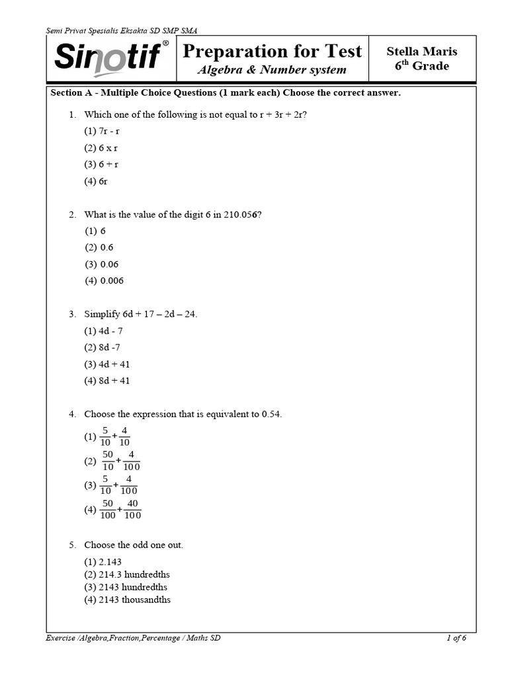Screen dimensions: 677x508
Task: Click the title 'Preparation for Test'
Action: click(272, 52)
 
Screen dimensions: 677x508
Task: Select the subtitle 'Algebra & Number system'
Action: click(272, 70)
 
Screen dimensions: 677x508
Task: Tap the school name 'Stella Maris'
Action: click(421, 52)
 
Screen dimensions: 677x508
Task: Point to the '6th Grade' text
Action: click(421, 66)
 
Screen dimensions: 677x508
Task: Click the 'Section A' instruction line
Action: click(226, 93)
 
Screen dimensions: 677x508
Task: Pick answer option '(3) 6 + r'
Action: click(101, 164)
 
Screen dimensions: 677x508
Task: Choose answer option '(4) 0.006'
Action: click(104, 280)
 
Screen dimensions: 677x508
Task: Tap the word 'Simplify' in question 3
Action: click(103, 314)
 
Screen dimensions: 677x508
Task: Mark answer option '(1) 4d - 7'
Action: click(103, 331)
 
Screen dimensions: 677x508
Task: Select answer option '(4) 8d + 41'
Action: click(107, 381)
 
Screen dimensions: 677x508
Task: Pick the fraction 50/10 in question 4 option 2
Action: click(108, 460)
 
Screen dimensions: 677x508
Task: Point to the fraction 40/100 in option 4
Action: click(132, 509)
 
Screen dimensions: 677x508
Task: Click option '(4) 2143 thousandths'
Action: click(127, 600)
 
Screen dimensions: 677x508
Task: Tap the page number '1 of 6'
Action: click(456, 638)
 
